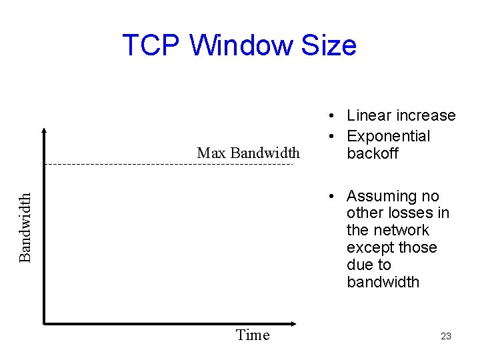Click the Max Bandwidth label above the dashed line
coord(248,153)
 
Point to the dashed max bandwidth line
coord(167,164)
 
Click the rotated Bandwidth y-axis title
coord(25,227)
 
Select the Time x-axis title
coord(253,335)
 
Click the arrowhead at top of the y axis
coord(43,130)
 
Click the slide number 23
coord(446,336)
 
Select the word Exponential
coord(389,136)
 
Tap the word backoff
coord(373,153)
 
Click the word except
coord(369,248)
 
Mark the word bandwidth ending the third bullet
coord(383,282)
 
